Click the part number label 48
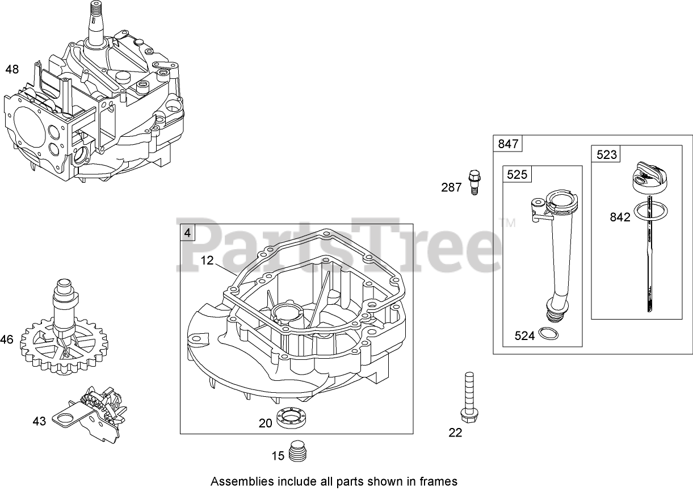point(12,70)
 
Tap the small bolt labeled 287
point(472,181)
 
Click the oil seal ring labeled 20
point(293,421)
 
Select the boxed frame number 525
point(517,175)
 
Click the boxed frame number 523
point(606,154)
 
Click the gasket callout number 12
point(208,261)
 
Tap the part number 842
point(620,217)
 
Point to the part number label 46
point(7,340)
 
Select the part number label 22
point(455,433)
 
